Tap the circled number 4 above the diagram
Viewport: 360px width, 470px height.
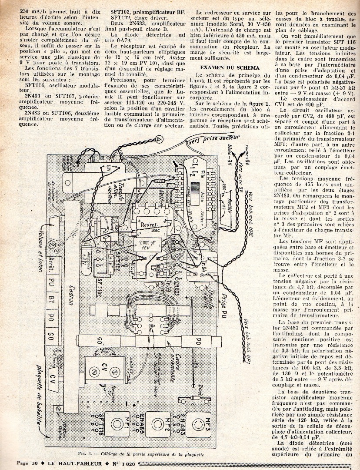pyautogui.click(x=160, y=139)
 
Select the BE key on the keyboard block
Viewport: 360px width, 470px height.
pyautogui.click(x=51, y=298)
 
